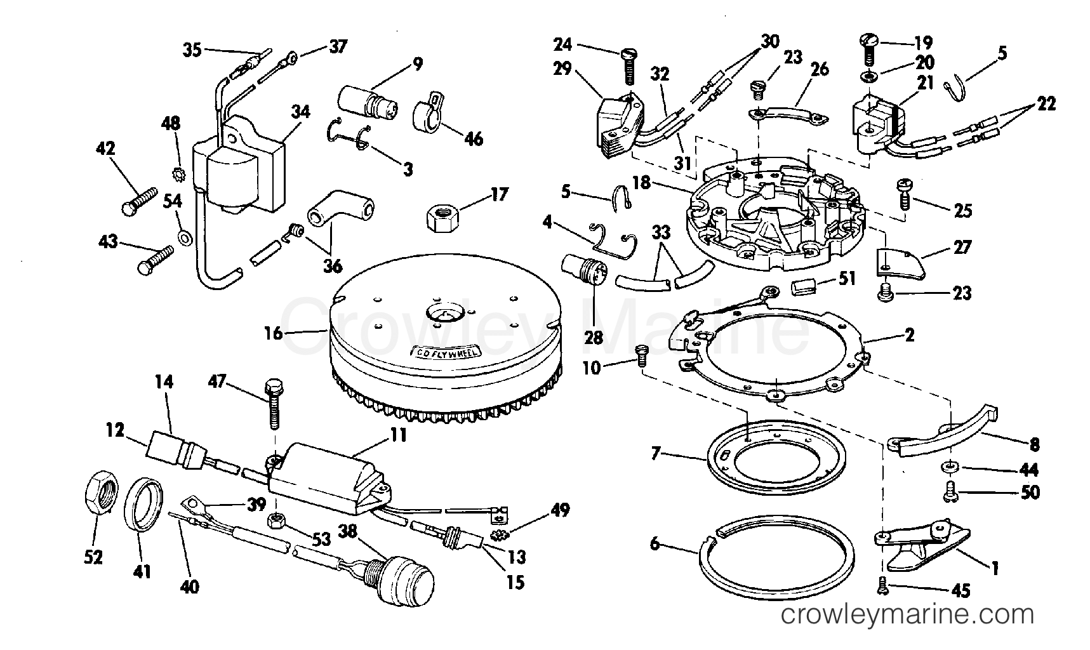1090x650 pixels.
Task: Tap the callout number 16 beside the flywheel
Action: (273, 333)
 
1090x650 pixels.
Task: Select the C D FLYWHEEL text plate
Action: (447, 351)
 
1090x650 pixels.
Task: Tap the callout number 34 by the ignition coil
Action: (300, 112)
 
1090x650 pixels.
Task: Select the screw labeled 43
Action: (155, 260)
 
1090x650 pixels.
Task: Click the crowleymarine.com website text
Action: (908, 614)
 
